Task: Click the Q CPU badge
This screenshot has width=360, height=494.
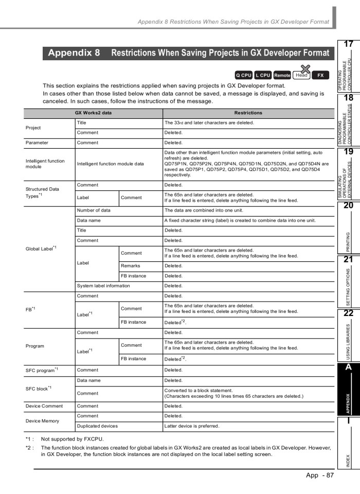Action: click(244, 75)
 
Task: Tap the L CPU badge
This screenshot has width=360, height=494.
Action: click(263, 75)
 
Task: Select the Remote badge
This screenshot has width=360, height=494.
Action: click(282, 75)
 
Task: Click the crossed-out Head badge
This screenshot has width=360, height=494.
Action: click(302, 75)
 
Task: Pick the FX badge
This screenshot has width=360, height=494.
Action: click(320, 75)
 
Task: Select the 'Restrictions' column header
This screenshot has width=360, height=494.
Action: click(248, 113)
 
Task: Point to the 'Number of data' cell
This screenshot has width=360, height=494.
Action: click(94, 210)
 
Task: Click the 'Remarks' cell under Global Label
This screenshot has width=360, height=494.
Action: click(131, 266)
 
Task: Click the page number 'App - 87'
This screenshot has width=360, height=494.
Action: click(319, 474)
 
